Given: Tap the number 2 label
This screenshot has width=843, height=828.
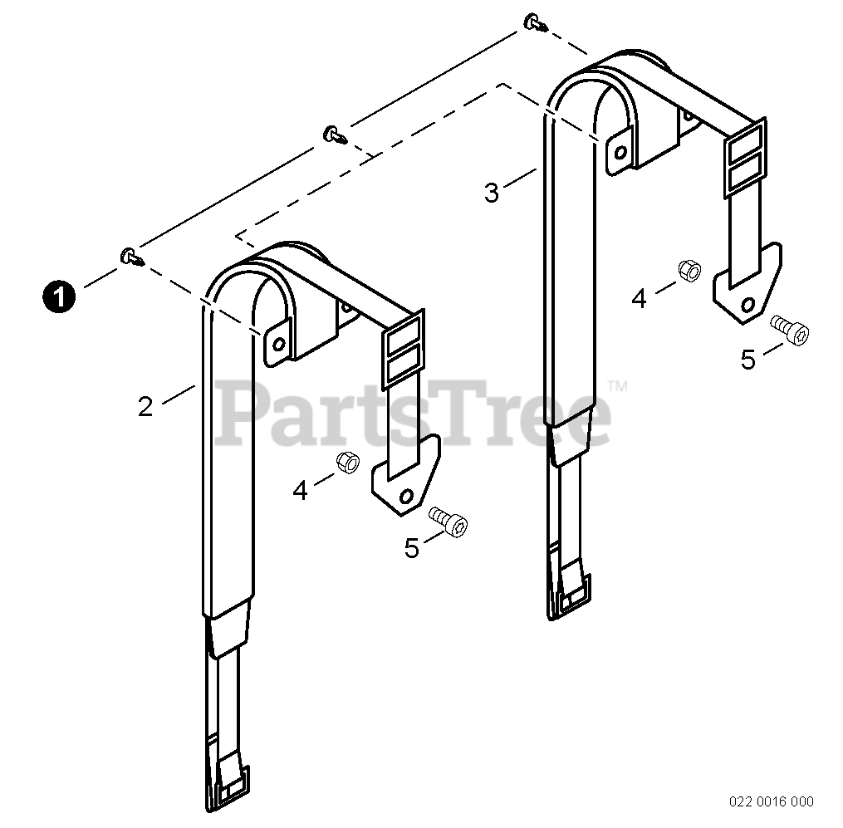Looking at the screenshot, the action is click(x=145, y=407).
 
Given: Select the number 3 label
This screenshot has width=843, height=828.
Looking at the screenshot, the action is click(x=492, y=193).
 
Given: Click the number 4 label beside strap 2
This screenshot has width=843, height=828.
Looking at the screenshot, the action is click(x=301, y=491).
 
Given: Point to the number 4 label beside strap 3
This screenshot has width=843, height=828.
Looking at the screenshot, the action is click(x=639, y=298).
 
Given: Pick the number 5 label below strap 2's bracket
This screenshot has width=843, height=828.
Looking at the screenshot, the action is click(x=413, y=549).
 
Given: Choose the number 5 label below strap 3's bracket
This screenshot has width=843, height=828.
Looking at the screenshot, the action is click(x=749, y=360).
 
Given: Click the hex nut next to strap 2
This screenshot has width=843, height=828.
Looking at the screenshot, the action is click(x=346, y=462).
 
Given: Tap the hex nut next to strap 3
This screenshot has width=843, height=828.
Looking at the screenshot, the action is click(x=689, y=270).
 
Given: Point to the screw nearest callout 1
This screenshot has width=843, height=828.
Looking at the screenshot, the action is click(x=131, y=257).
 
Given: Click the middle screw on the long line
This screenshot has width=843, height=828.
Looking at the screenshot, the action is click(x=335, y=134).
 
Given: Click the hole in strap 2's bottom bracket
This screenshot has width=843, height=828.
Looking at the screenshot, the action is click(x=406, y=496).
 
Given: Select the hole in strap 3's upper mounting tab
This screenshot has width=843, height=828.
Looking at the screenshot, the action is click(x=619, y=153).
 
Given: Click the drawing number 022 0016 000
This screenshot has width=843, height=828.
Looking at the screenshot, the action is click(x=772, y=801).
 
